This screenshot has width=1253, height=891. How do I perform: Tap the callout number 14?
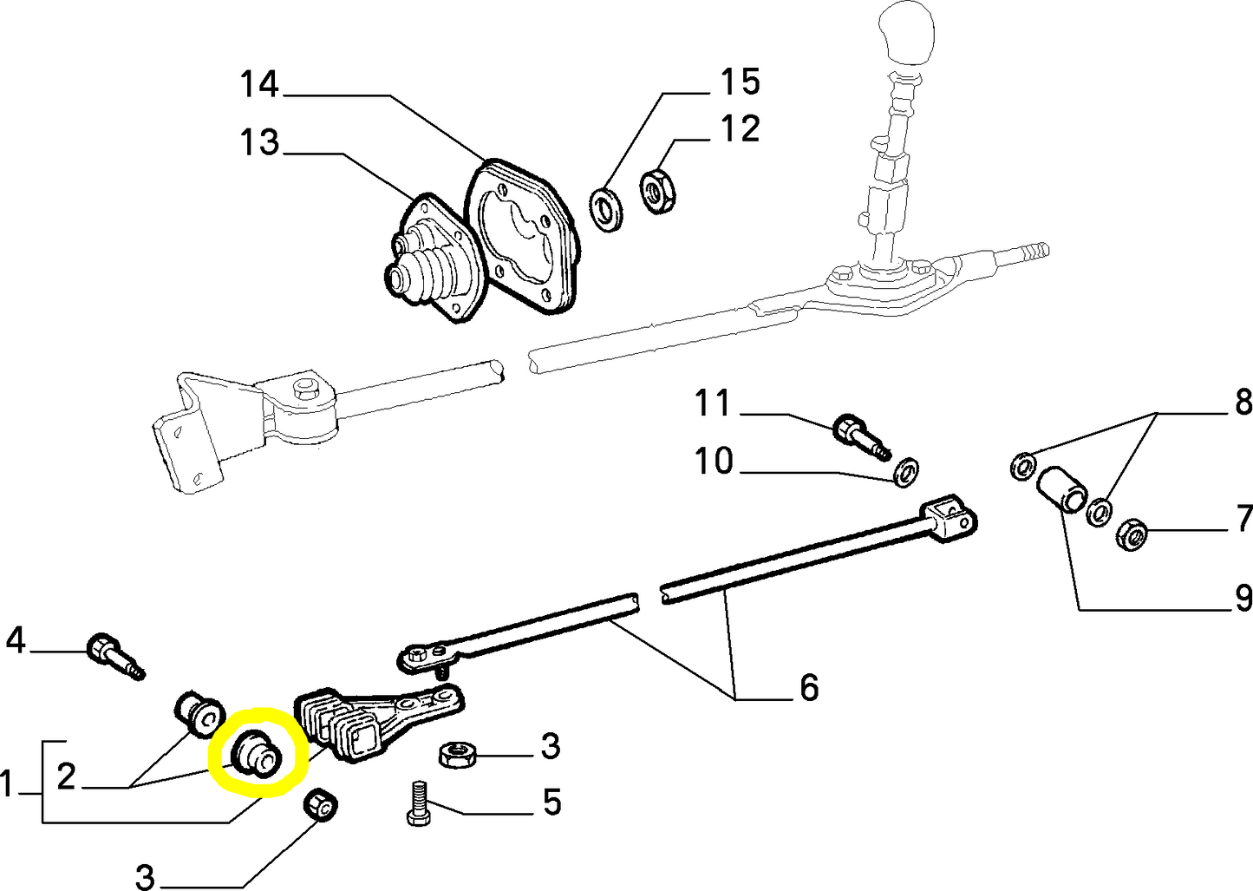point(259,85)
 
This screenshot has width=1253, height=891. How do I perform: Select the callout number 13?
point(259,142)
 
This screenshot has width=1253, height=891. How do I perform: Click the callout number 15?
point(740,82)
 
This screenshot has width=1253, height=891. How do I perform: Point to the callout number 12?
point(740,129)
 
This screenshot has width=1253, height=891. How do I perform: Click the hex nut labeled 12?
point(656,191)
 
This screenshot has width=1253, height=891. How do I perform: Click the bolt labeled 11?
point(859,435)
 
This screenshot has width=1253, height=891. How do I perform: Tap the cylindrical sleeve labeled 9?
point(1058,491)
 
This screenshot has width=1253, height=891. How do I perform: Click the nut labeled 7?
point(1132,534)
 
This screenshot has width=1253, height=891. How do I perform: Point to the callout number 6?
point(808,687)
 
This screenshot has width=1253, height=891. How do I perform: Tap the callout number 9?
point(1243,598)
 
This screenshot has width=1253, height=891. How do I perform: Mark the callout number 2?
point(66,776)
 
